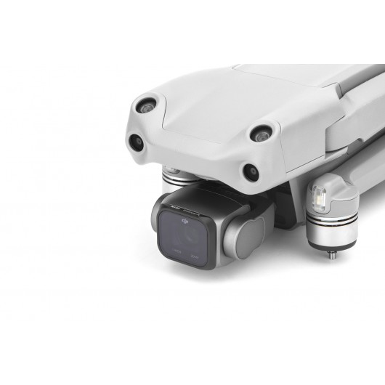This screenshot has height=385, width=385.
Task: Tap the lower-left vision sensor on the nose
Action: (135, 142)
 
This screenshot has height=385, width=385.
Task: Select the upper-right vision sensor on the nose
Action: (261, 134)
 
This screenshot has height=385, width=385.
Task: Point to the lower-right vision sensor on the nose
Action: (250, 172)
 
